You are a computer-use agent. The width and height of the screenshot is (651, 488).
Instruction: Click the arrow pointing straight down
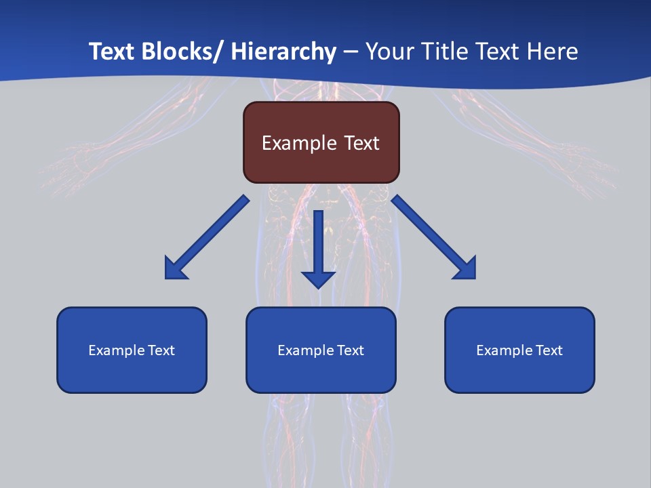pos(318,244)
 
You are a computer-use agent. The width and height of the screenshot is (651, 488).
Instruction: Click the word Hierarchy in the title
pos(283,52)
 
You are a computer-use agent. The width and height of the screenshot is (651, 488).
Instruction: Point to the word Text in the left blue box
pos(161,350)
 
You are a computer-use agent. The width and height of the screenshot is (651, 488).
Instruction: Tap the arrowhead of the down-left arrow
pos(175,269)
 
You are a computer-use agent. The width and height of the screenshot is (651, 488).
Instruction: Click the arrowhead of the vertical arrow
pos(318,279)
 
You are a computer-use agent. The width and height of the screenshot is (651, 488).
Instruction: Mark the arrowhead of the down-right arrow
pos(466,269)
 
